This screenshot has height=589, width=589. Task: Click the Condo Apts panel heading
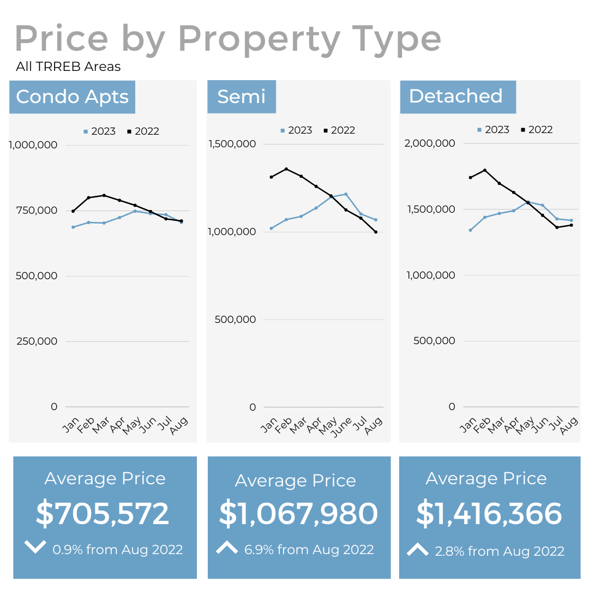(x=72, y=97)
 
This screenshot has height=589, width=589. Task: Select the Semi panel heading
(x=241, y=97)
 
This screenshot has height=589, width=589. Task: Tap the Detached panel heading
(x=456, y=96)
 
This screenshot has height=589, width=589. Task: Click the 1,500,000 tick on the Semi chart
(x=232, y=144)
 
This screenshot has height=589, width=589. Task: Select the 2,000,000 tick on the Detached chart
(x=429, y=143)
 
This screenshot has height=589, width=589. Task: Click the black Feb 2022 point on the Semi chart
(x=286, y=169)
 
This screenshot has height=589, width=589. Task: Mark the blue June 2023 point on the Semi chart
(x=346, y=194)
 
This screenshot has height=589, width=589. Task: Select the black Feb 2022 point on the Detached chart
(x=484, y=170)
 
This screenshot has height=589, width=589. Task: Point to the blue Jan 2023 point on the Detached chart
(x=470, y=230)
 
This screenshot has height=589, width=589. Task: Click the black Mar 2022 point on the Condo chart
(x=104, y=195)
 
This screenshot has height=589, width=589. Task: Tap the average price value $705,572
(x=103, y=514)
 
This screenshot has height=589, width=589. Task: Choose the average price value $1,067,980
(x=298, y=514)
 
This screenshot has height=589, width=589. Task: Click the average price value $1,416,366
(x=489, y=514)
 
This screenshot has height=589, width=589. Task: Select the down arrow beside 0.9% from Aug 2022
(x=35, y=546)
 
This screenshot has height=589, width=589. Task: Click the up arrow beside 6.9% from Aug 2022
(x=227, y=548)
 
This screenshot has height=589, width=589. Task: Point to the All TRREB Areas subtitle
(x=68, y=67)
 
